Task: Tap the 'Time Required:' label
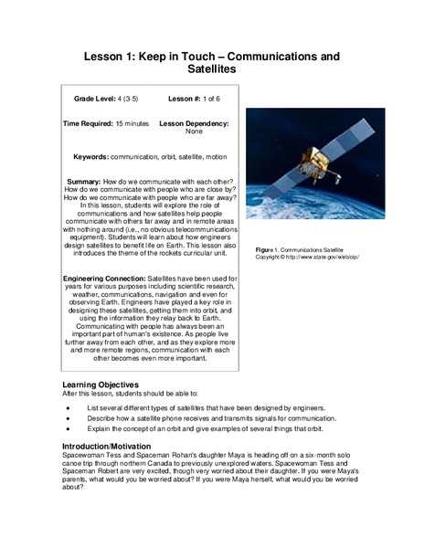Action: click(x=94, y=122)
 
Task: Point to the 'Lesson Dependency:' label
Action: click(x=194, y=122)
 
